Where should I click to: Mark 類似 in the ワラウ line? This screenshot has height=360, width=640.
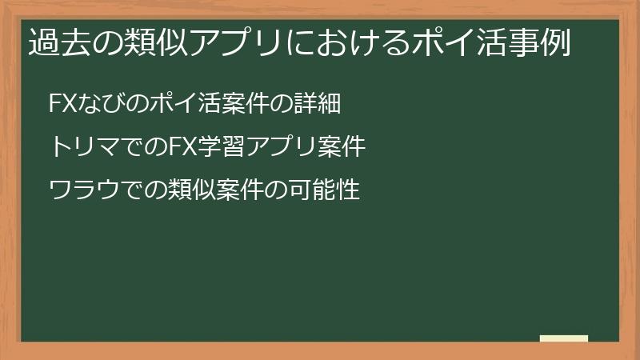tap(180, 191)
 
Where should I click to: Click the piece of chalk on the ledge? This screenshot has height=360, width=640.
tap(564, 339)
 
